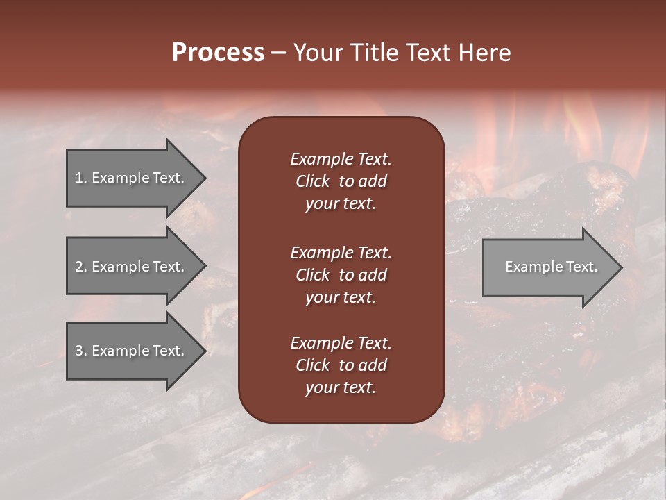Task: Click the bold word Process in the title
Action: click(218, 53)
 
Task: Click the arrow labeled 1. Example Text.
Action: click(130, 178)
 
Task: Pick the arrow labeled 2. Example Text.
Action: click(130, 267)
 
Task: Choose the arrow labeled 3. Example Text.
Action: click(130, 351)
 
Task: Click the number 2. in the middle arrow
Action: click(81, 267)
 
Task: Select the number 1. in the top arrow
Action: click(81, 178)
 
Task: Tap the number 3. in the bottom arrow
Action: click(81, 351)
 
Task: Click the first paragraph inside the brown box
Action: click(341, 181)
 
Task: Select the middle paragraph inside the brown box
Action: click(341, 274)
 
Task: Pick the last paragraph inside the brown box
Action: click(341, 365)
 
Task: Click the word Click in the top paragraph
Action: click(312, 181)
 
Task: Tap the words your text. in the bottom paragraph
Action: click(341, 388)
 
